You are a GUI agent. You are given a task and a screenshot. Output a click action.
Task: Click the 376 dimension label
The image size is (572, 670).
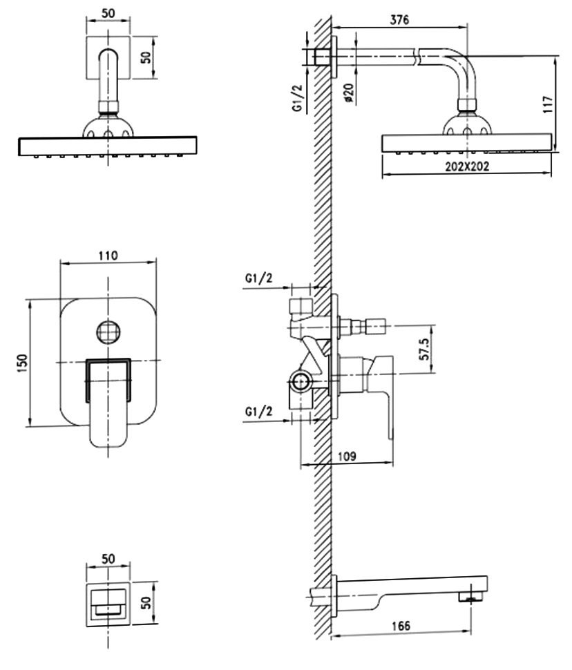[399, 19]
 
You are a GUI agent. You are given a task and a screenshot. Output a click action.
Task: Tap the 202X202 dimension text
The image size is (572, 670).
[466, 166]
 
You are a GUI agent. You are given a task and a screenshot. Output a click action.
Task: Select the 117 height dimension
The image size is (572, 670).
[548, 104]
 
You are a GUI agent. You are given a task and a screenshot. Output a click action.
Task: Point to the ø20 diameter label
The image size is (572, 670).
[349, 93]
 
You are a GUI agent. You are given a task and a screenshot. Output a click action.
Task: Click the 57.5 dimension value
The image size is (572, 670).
[424, 349]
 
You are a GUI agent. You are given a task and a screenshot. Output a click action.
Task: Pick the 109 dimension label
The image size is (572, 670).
[347, 457]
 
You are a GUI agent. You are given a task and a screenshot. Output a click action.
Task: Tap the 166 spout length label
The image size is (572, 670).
[401, 626]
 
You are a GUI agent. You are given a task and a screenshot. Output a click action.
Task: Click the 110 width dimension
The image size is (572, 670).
[108, 256]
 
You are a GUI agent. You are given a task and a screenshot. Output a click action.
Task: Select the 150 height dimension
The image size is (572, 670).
[22, 363]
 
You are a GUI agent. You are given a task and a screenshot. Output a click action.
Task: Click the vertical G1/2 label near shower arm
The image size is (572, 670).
[298, 97]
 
